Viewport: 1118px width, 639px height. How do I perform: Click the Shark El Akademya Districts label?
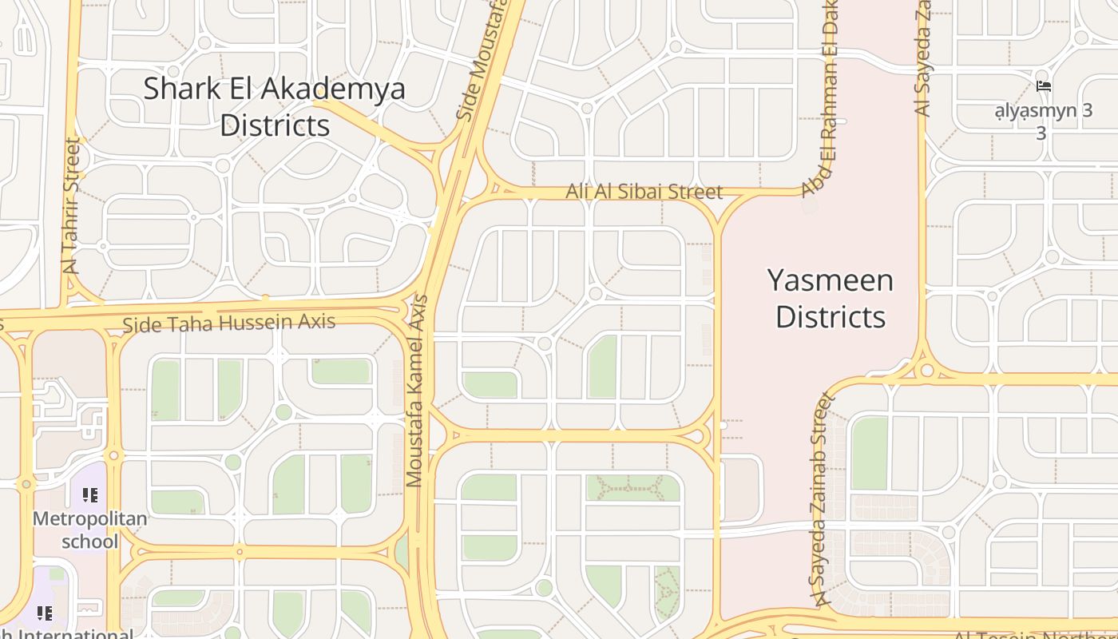coord(274,106)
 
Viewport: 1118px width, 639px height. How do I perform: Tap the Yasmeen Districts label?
coord(831,299)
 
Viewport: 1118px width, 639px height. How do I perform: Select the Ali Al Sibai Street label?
coord(644,192)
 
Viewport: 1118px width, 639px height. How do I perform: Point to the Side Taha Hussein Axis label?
coord(229,323)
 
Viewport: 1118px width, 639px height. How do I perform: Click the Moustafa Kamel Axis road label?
coord(417,391)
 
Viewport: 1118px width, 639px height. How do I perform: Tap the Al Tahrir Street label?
coord(72,206)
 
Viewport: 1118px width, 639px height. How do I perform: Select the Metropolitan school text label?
coord(89,530)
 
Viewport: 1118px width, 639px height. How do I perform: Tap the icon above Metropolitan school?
coord(89,495)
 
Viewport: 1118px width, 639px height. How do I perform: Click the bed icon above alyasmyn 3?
coord(1043,86)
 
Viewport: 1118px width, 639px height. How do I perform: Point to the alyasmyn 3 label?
coord(1043,120)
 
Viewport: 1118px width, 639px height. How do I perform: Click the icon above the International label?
coord(45,613)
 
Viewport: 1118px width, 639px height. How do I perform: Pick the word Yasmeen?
coord(831,280)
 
